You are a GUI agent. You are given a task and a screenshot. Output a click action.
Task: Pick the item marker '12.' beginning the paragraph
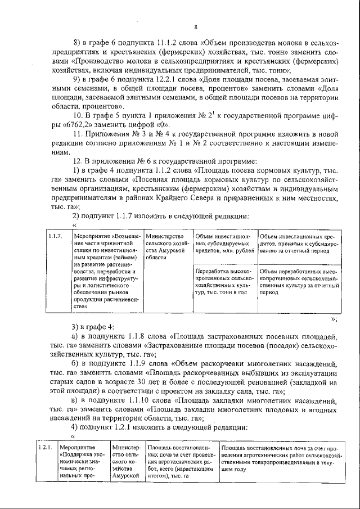(80, 161)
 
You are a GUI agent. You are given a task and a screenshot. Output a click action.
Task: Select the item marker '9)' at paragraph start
(79, 79)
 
